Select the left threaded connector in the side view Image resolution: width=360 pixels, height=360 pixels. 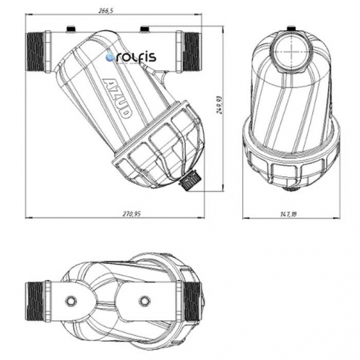(x=37, y=52)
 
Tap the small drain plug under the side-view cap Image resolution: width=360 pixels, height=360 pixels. (x=189, y=179)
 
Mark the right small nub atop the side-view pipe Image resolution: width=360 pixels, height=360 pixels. (x=145, y=29)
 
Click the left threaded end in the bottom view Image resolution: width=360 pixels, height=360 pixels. (x=38, y=299)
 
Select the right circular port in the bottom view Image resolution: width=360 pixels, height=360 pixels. (x=145, y=299)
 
